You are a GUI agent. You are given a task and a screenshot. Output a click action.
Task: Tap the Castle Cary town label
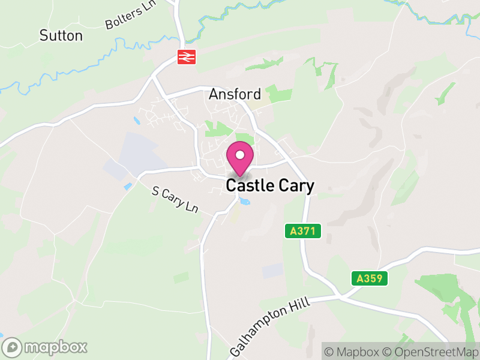point(270,186)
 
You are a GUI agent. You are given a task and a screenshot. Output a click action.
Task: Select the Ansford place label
point(235,94)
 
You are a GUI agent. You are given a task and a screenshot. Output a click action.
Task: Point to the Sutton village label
point(61,35)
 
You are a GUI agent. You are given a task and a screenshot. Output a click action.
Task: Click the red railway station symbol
point(187,57)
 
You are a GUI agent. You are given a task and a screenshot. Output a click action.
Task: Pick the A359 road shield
point(370,278)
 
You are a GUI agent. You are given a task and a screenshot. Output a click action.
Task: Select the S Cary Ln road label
point(175,200)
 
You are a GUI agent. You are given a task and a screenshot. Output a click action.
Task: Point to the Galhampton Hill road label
point(271,326)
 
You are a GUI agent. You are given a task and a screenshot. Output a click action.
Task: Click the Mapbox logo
point(46,347)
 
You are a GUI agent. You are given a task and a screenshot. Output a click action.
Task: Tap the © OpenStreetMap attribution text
point(428,351)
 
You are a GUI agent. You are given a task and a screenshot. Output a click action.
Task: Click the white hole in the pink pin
point(240,155)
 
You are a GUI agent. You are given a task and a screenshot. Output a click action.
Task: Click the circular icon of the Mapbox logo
point(12,347)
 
